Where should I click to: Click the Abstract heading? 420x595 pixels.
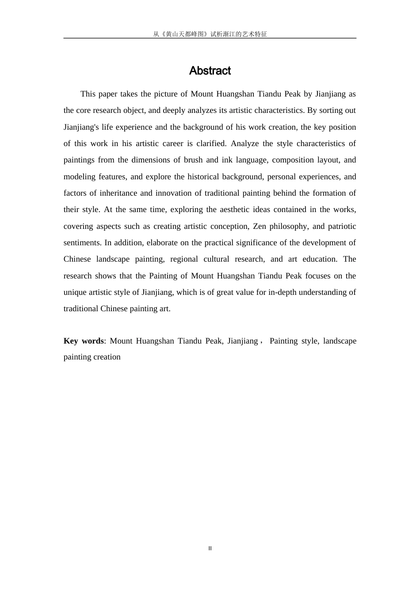pyautogui.click(x=210, y=71)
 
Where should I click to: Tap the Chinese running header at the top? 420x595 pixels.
pyautogui.click(x=210, y=34)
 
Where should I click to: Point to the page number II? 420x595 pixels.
pyautogui.click(x=210, y=549)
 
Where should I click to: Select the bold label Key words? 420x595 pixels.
pyautogui.click(x=84, y=341)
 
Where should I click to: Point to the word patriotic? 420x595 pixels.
pyautogui.click(x=342, y=226)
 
